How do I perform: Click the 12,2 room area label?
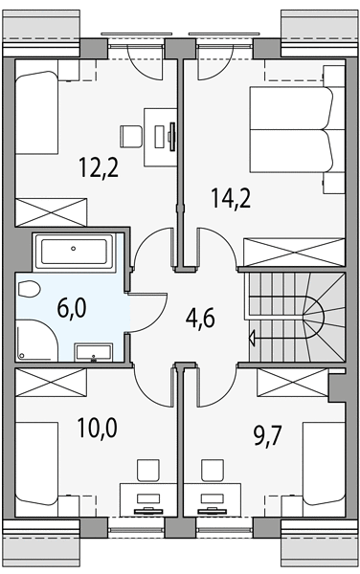point(99,166)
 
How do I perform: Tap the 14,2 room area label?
point(231,197)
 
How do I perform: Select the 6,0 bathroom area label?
point(72,307)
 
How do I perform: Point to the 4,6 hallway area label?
point(200,318)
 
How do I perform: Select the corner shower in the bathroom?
point(36,340)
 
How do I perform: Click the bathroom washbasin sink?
point(94,352)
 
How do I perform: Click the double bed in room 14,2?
point(291,129)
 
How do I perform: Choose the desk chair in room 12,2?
point(131,136)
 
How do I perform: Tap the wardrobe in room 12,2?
point(51,212)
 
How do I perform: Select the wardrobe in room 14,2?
point(295,253)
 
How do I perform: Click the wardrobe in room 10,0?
point(51,382)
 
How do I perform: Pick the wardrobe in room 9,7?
point(292,382)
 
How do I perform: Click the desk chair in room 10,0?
point(148,471)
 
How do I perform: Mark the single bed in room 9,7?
point(325,464)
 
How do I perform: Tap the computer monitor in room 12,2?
point(172,136)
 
